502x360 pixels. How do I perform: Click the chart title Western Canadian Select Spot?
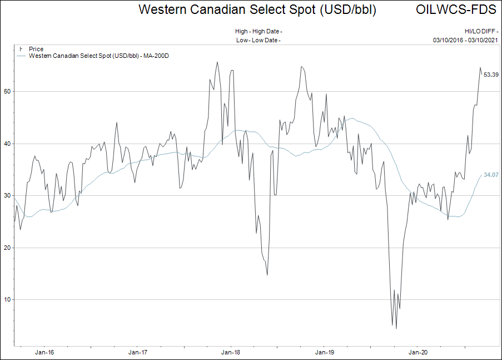click(257, 10)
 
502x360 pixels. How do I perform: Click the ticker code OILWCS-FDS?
click(456, 10)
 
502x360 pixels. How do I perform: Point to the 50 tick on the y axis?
click(7, 92)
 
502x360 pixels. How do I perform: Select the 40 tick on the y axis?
click(7, 144)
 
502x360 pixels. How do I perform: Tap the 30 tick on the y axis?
click(7, 195)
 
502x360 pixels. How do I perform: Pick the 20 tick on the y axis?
click(7, 248)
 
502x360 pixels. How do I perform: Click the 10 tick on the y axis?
click(7, 299)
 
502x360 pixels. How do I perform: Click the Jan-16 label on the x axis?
click(44, 352)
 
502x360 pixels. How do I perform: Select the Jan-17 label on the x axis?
click(138, 352)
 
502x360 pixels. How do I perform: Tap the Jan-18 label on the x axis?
click(231, 352)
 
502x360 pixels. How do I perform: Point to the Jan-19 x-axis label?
click(324, 352)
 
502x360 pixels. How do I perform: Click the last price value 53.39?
click(490, 75)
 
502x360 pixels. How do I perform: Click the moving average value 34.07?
click(490, 175)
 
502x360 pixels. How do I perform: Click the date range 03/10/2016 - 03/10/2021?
click(465, 40)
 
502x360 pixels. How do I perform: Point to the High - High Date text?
click(258, 32)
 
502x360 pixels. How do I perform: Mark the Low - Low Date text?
click(258, 40)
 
